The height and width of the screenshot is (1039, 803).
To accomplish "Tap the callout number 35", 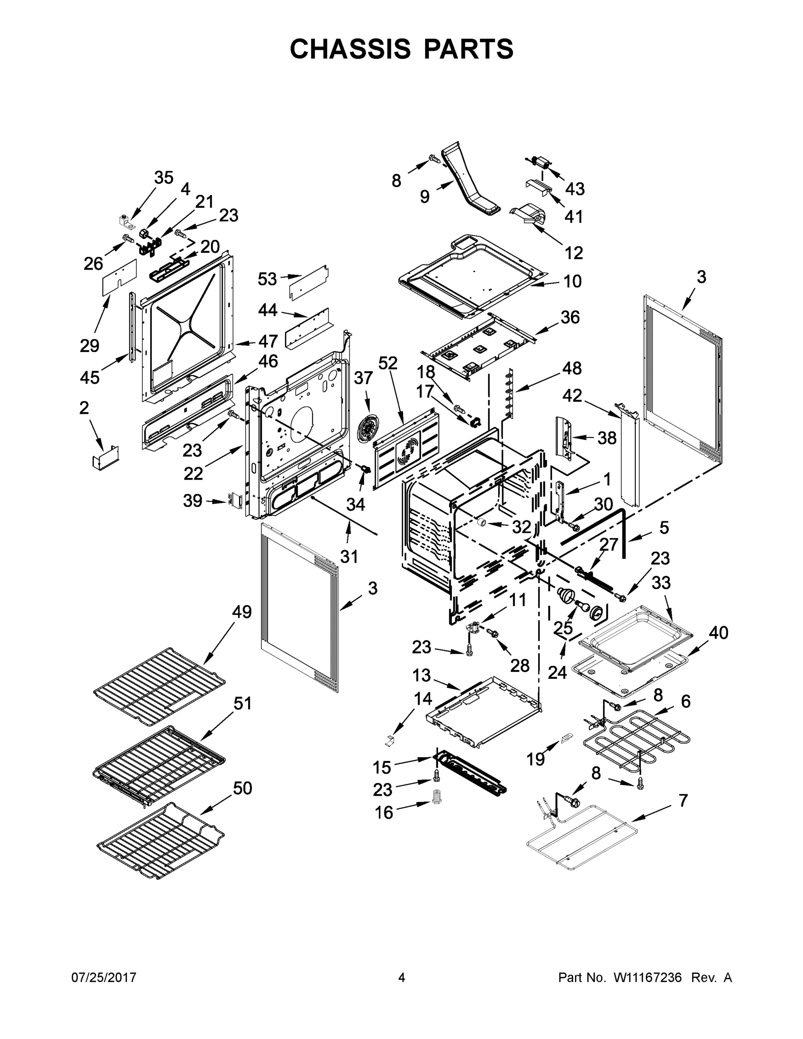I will (164, 178).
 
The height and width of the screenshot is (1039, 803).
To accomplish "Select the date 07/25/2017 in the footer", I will (104, 978).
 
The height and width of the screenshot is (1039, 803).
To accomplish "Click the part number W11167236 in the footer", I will (648, 978).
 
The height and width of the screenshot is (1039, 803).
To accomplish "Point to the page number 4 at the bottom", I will (402, 978).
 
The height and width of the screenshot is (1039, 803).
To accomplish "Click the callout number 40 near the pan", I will (718, 633).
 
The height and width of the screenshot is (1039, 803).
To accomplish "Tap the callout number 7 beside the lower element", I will (683, 800).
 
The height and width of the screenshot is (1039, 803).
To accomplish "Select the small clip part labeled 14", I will (390, 739).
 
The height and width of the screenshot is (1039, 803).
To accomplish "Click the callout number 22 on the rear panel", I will (193, 473).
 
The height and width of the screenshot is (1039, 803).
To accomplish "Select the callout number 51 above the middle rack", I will (242, 703).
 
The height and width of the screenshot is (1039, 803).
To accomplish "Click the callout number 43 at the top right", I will (575, 189).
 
